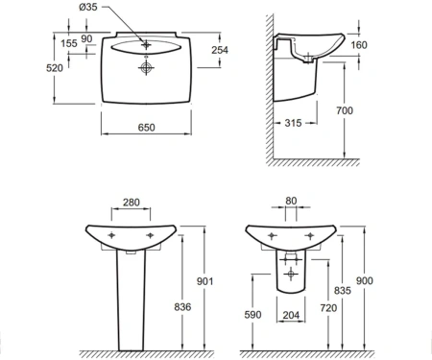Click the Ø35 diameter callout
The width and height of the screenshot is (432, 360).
click(x=88, y=7)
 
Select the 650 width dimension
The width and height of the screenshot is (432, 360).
click(x=146, y=128)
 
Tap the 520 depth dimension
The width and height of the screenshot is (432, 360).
click(x=55, y=68)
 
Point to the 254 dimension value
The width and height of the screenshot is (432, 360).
click(x=220, y=50)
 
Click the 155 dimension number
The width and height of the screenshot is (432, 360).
click(x=69, y=43)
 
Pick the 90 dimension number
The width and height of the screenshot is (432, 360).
click(x=86, y=38)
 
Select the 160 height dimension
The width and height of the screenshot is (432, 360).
click(x=359, y=45)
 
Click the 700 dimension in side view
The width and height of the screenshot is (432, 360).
click(x=345, y=110)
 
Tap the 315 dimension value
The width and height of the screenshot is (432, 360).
click(x=293, y=123)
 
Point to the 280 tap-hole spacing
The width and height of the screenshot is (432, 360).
click(x=132, y=203)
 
